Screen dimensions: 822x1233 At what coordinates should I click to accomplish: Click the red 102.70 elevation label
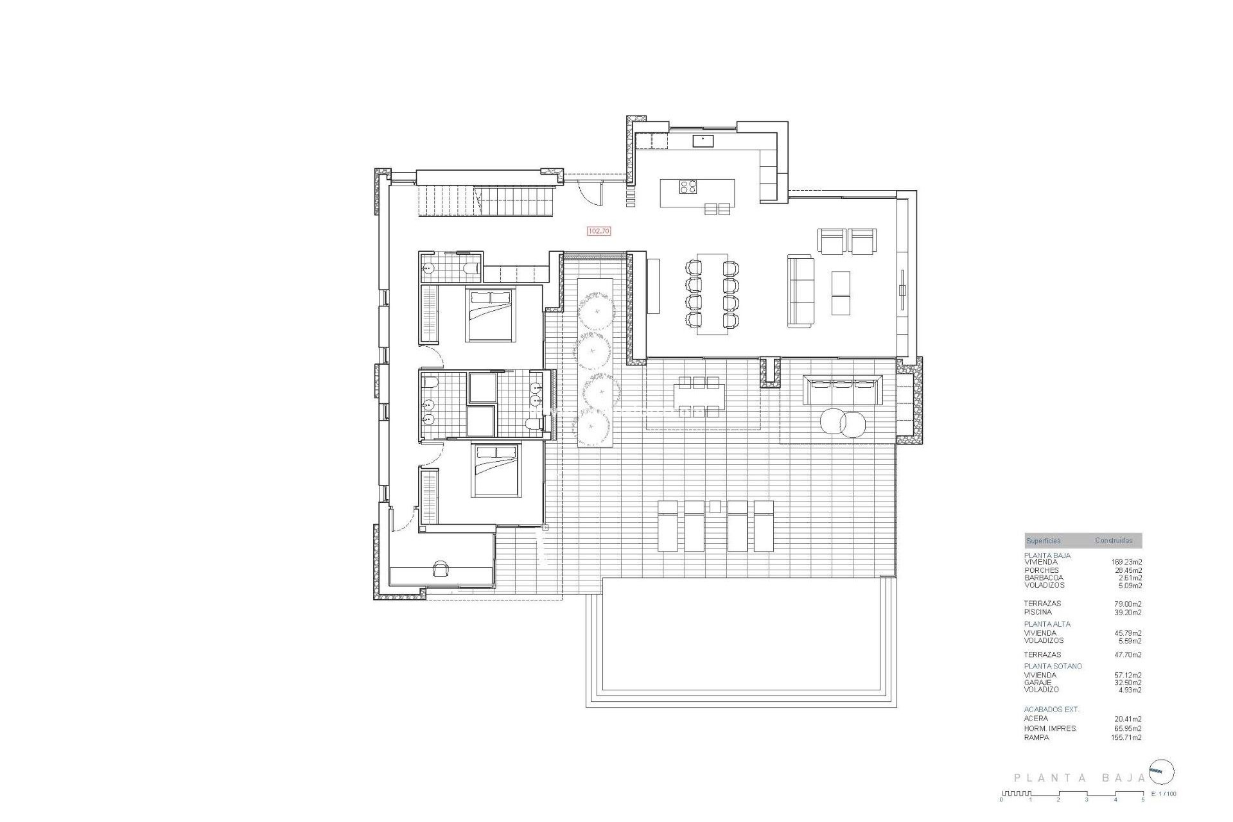(599, 231)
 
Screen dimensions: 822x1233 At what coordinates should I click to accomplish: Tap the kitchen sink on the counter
(703, 141)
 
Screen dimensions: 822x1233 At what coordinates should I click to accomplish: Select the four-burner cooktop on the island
(688, 186)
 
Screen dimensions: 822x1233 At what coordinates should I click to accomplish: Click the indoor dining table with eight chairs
(712, 293)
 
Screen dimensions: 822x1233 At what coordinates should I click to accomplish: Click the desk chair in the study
(441, 568)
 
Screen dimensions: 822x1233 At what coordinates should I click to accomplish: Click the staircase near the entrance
(485, 200)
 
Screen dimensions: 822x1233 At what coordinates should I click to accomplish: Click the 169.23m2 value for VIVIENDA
(1126, 562)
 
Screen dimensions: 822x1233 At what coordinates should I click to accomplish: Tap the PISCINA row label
(1038, 612)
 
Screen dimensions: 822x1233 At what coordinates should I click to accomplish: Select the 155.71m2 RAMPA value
(1126, 737)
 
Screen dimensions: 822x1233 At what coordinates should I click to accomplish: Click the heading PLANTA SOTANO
(1053, 666)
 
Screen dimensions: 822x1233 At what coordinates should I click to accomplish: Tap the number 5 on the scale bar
(1142, 800)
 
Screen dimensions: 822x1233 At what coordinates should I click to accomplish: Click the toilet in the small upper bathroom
(473, 268)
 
